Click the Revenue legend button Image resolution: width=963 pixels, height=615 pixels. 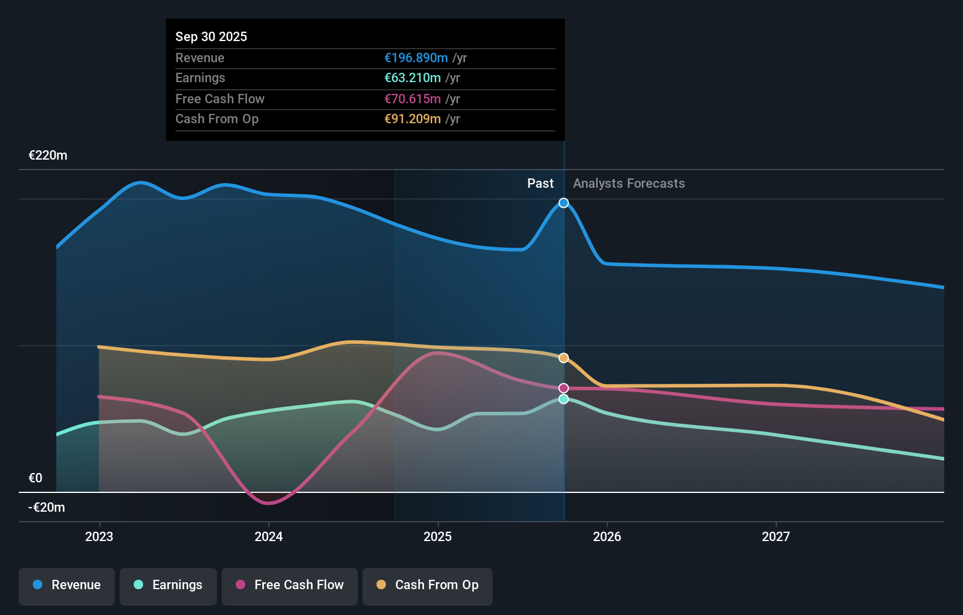click(67, 585)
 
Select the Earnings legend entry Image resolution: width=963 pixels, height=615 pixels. click(168, 585)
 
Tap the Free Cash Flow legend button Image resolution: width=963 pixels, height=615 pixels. click(290, 585)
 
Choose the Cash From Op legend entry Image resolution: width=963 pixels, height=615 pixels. click(428, 585)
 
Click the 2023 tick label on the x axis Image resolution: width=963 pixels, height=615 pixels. click(99, 536)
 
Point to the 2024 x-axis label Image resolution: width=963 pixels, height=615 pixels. click(269, 536)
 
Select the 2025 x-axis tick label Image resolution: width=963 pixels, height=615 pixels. click(438, 536)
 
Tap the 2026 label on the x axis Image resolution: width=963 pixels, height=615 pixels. click(607, 536)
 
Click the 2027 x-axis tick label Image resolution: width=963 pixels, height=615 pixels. click(776, 536)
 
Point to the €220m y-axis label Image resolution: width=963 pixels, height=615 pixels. click(48, 156)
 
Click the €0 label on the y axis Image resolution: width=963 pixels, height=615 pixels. click(35, 478)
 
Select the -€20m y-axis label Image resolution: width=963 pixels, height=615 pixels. click(47, 508)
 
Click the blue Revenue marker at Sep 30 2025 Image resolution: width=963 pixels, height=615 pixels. click(564, 203)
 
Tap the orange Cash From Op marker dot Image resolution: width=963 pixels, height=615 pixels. click(564, 358)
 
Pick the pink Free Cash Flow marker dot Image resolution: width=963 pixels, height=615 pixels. click(564, 388)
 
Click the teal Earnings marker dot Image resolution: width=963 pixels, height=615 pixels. click(564, 399)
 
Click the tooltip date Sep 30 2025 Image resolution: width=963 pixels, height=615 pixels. click(211, 36)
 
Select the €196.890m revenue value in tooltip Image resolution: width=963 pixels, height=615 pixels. click(416, 58)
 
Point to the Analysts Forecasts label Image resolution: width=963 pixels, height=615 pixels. click(629, 184)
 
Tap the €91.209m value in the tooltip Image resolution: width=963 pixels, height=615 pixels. click(412, 119)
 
